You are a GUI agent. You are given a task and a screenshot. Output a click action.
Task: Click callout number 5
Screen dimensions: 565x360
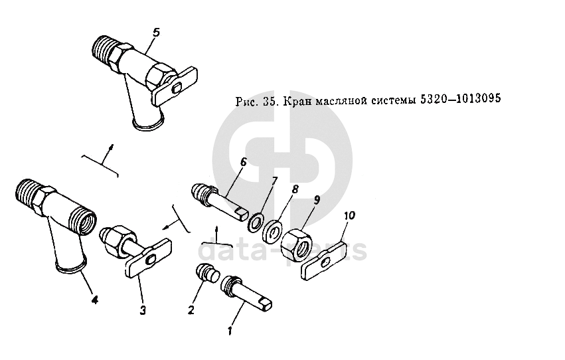pos(156,33)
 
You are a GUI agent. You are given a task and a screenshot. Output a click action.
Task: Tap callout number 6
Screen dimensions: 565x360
pos(243,162)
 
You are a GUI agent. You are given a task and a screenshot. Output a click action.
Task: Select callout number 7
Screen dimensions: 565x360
pos(275,180)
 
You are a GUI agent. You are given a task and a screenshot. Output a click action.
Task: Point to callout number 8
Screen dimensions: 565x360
pos(295,189)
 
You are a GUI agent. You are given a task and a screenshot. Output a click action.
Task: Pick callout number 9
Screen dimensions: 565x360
pos(317,201)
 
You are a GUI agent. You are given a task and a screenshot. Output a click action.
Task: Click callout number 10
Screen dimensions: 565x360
pos(349,215)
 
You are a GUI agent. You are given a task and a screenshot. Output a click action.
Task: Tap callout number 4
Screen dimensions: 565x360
pos(94,300)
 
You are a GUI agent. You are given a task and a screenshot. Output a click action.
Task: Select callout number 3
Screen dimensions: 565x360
pos(143,310)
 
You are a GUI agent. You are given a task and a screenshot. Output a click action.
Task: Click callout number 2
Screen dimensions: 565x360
pos(191,310)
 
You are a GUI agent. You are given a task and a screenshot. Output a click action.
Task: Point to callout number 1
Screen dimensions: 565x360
pos(230,330)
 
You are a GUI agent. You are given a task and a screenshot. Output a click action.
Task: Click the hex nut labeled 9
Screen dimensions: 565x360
pos(296,244)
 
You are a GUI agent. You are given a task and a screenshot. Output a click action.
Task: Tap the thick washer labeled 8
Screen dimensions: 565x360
pos(272,232)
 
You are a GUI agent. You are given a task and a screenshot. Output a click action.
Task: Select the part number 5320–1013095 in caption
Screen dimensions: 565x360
pos(460,98)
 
